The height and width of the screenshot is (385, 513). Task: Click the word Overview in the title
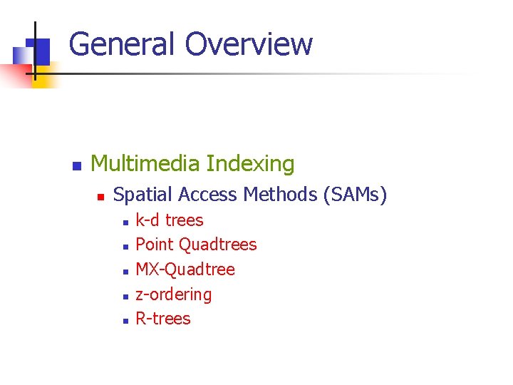tap(249, 44)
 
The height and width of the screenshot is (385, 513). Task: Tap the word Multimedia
tap(145, 164)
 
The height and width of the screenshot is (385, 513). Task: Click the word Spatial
tap(143, 195)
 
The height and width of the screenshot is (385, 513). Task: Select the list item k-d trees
tap(169, 220)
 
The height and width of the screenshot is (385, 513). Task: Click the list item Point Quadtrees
tap(196, 245)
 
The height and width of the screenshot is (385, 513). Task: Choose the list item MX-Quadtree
tap(185, 269)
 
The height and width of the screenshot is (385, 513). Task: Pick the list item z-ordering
tap(173, 294)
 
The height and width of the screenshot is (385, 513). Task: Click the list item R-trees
tap(163, 319)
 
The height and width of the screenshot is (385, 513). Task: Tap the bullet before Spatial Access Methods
tap(100, 196)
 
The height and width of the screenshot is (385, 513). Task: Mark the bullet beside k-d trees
tap(124, 222)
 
